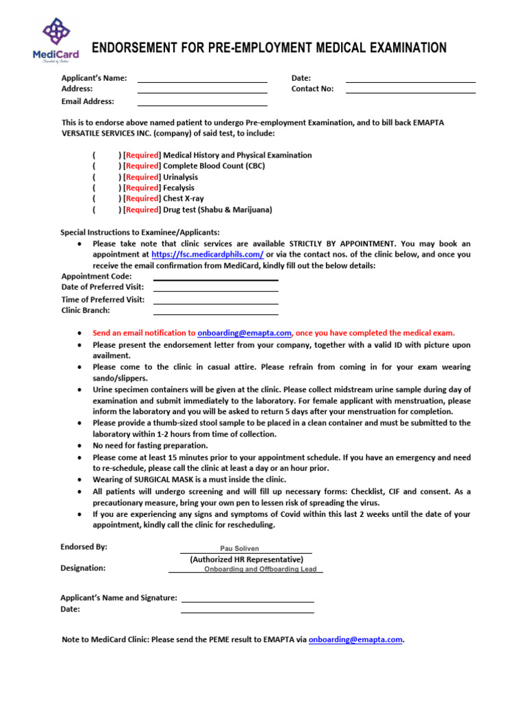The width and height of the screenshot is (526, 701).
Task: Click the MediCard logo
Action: click(55, 40)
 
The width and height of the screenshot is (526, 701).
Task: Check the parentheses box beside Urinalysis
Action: click(106, 177)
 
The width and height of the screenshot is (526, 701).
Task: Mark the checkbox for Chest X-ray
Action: click(106, 199)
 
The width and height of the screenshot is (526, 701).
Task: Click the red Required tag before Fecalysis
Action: click(142, 188)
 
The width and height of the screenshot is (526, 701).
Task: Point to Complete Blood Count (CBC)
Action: click(214, 166)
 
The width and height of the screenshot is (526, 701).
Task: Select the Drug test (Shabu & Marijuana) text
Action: click(217, 209)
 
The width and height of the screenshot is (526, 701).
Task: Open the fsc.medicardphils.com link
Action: click(207, 255)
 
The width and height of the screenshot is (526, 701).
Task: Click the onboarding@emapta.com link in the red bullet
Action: click(245, 333)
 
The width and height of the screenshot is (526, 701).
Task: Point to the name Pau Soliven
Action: click(240, 548)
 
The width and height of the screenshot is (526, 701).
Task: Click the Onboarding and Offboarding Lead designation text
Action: click(260, 569)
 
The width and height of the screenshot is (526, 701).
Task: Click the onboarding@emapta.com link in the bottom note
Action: click(355, 639)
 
